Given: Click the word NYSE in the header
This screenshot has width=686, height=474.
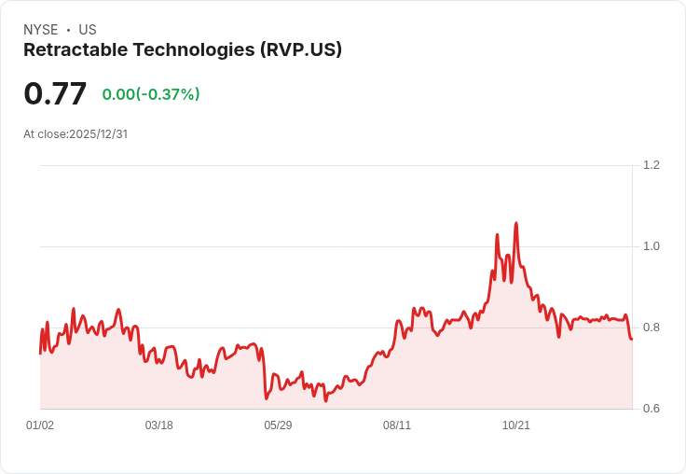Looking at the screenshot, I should point(40,30).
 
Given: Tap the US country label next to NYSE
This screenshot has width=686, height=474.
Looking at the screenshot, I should point(88,30).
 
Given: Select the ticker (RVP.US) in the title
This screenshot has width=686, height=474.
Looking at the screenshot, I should point(300,50).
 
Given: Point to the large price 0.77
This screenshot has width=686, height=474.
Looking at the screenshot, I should point(55,93).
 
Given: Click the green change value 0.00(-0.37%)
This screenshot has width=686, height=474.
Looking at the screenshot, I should point(151,94).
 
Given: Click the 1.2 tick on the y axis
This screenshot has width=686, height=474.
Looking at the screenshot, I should point(652,165).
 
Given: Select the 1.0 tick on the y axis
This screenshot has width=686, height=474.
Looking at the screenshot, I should point(652,246).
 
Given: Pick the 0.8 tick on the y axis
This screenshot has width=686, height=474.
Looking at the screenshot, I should point(652,328).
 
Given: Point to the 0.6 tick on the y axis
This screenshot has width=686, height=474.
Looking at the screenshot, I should point(652,409).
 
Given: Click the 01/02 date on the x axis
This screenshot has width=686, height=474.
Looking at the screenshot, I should point(40,425).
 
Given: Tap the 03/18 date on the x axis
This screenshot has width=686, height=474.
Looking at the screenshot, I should point(158,425).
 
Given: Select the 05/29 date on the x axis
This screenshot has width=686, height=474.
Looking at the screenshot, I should point(278,425).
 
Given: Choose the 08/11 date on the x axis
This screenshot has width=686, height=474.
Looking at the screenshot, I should point(397,425).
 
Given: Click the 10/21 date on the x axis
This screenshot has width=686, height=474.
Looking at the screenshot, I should point(516,425).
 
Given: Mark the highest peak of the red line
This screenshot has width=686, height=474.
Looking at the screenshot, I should point(515,224).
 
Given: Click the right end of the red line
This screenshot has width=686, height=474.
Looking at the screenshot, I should point(631,339).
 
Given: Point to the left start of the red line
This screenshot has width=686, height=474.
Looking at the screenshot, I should point(40,353).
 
